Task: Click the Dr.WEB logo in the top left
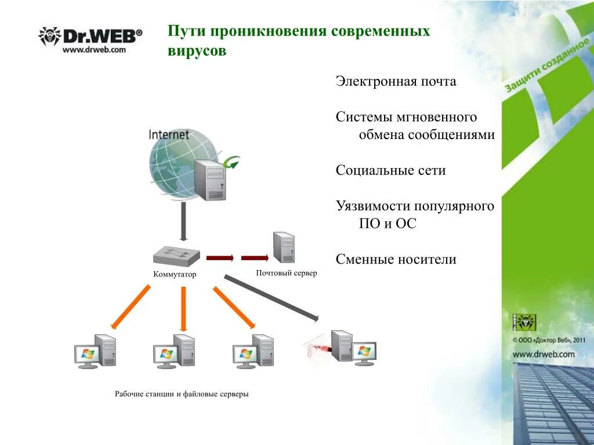pos(90,36)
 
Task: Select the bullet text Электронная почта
pos(396,82)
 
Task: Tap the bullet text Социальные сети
pos(390,171)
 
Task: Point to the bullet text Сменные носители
pos(396,260)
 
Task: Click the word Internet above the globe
pos(169,135)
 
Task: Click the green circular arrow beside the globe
pos(232,162)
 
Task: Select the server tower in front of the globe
pos(209,180)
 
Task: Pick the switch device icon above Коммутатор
pos(176,257)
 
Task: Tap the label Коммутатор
pos(175,275)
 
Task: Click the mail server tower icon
pos(284,247)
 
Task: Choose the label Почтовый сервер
pos(286,273)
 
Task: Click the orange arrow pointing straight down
pos(183,308)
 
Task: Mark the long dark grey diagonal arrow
pos(271,298)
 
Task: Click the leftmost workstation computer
pos(95,351)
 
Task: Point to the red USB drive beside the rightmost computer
pos(316,348)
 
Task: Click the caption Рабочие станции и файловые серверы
pos(182,394)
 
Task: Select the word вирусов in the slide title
pos(197,51)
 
